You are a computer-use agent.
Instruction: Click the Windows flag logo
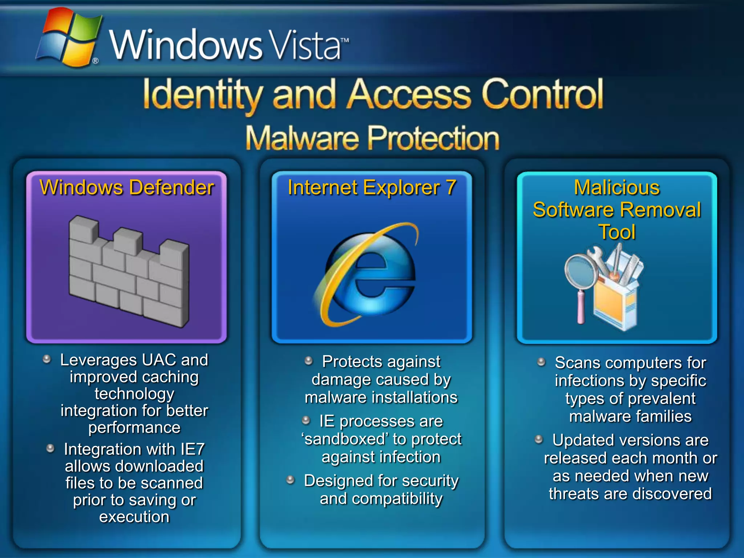pyautogui.click(x=69, y=38)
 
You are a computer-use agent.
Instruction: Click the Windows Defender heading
pyautogui.click(x=126, y=188)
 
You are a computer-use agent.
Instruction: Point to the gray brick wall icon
pyautogui.click(x=129, y=271)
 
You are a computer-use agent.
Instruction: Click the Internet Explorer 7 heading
pyautogui.click(x=372, y=188)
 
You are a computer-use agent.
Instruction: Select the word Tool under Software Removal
pyautogui.click(x=617, y=232)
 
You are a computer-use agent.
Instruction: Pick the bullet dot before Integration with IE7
pyautogui.click(x=50, y=448)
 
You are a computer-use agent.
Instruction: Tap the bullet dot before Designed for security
pyautogui.click(x=290, y=480)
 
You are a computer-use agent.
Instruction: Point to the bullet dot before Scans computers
pyautogui.click(x=541, y=362)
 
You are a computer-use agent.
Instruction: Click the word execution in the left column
pyautogui.click(x=134, y=517)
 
